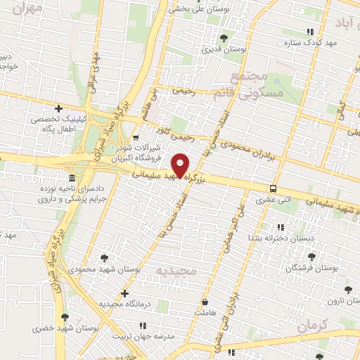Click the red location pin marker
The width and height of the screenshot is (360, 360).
pyautogui.click(x=181, y=165)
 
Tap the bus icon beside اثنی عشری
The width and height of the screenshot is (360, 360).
pyautogui.click(x=273, y=188)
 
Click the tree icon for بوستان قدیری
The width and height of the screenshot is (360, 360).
pyautogui.click(x=224, y=37)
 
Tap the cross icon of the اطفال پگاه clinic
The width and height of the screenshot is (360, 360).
pyautogui.click(x=58, y=108)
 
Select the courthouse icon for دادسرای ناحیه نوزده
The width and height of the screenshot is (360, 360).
pyautogui.click(x=72, y=177)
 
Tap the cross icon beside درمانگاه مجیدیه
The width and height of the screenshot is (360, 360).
pyautogui.click(x=125, y=293)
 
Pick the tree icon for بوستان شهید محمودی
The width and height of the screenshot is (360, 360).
pyautogui.click(x=105, y=258)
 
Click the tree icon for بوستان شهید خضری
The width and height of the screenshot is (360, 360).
pyautogui.click(x=65, y=317)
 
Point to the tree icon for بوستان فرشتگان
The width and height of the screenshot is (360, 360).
pyautogui.click(x=312, y=257)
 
